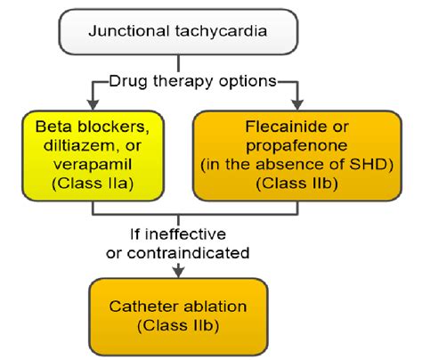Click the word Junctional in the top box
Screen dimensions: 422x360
pos(129,31)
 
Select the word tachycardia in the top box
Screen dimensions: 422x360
pos(221,31)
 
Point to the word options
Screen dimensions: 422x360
pos(248,82)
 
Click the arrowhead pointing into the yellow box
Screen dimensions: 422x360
pos(93,105)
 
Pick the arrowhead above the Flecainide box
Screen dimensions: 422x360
pos(297,105)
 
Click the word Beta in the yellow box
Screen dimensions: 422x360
pos(53,127)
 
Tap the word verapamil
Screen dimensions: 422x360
pos(93,165)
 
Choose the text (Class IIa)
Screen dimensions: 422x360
pos(93,184)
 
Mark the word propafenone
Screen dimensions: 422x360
pos(296,146)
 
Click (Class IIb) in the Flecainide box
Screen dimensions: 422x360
pos(297,184)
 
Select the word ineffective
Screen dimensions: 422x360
pos(186,234)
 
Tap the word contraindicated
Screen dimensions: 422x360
pos(188,253)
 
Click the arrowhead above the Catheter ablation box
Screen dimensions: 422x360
pos(178,271)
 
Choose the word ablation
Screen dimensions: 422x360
pos(215,307)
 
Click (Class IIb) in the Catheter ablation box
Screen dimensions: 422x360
pos(178,325)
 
